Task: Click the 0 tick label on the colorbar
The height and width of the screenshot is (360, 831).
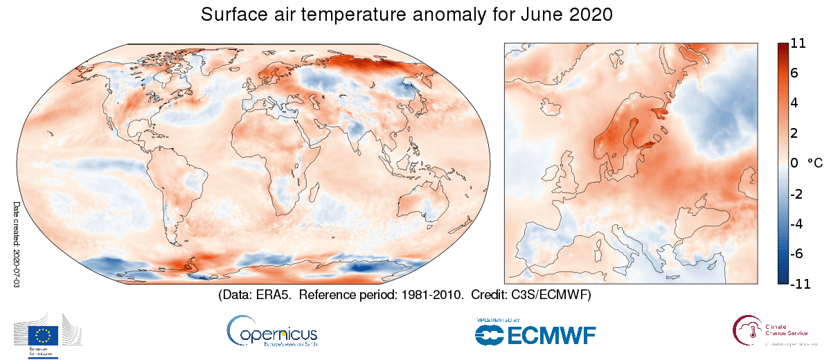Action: coord(794,163)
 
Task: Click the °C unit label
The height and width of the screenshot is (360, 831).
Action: coord(814,163)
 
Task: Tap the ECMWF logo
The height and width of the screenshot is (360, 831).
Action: coord(535,332)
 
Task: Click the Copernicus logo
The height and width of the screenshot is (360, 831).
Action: coord(271,331)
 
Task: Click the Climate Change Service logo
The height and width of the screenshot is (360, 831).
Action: coord(776,331)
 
